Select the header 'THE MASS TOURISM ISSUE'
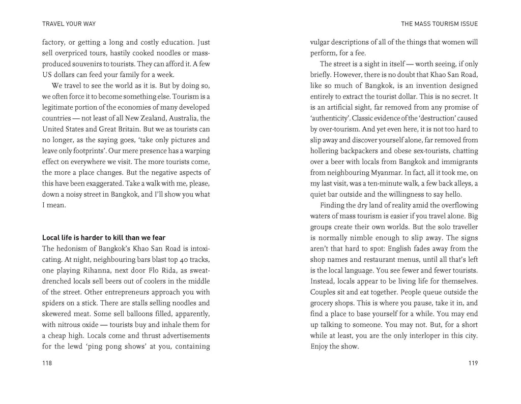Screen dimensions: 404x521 pos(440,23)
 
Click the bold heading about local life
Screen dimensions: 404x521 pos(103,237)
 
